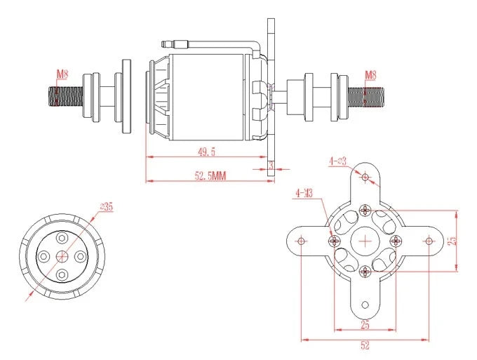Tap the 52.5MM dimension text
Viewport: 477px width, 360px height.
click(x=210, y=176)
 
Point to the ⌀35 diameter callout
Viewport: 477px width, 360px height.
click(x=107, y=206)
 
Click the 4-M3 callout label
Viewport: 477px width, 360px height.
click(x=304, y=192)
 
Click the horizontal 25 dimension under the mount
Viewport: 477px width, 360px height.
click(x=365, y=324)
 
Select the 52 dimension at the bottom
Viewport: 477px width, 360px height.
click(x=365, y=345)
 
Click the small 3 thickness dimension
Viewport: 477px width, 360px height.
click(x=271, y=165)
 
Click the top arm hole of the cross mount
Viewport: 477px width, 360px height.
click(x=365, y=177)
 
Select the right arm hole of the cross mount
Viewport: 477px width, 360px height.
click(x=429, y=241)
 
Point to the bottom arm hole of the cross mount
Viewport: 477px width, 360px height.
click(x=365, y=305)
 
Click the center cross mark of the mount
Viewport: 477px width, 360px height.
click(x=365, y=241)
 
